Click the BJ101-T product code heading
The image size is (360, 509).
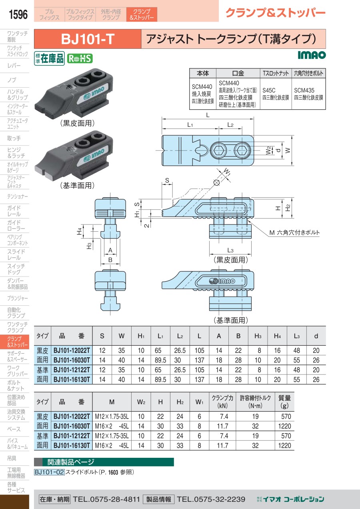(88, 39)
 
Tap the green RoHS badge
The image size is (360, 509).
(79, 58)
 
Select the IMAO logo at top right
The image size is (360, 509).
(312, 54)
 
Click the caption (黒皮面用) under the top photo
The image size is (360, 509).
(77, 123)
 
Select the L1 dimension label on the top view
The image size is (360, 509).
(190, 125)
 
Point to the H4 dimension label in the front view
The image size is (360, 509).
(80, 230)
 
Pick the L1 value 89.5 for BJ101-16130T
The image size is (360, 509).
(162, 379)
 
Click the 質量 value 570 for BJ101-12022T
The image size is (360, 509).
(285, 416)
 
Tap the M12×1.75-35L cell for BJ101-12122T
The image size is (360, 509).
(112, 435)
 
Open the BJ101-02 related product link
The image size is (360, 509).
(49, 472)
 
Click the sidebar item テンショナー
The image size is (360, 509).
(17, 196)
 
